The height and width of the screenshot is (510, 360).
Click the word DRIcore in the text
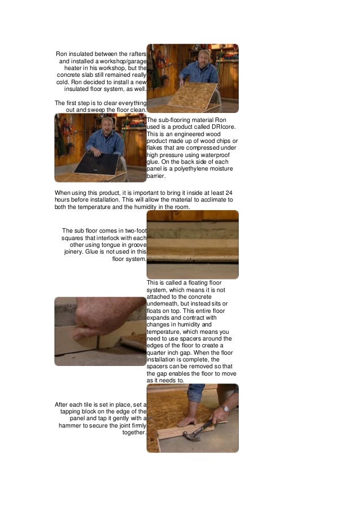point(224,127)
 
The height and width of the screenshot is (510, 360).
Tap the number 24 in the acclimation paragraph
point(229,193)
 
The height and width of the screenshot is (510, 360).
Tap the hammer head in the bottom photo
point(190,436)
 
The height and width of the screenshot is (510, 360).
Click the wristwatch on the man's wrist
point(226,409)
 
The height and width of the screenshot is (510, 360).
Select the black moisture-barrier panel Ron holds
point(96,164)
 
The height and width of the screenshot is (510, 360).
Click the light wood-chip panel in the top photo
point(192,95)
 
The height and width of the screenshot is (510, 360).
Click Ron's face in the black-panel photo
point(108,125)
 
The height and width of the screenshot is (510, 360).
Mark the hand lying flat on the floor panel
point(187,421)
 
